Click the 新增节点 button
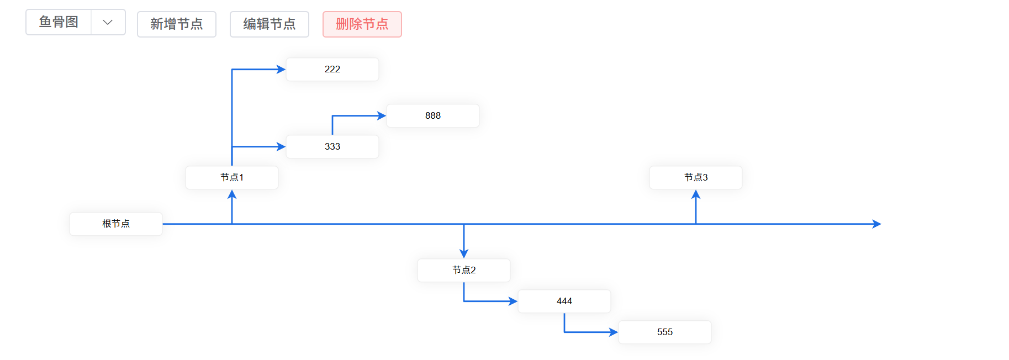pos(176,24)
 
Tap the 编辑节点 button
pos(269,24)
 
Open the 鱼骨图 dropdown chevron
pos(108,22)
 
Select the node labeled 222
pos(332,70)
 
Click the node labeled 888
pos(432,116)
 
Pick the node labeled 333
pos(332,147)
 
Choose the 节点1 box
pos(231,178)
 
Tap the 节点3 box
pos(695,178)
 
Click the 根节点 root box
pos(115,224)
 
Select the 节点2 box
pos(463,271)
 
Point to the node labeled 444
pos(564,301)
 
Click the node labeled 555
pos(664,332)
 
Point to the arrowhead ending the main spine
pos(876,224)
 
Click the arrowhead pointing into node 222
pos(281,70)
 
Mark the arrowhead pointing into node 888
pos(382,116)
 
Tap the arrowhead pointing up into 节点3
pos(696,194)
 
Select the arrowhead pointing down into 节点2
pos(464,253)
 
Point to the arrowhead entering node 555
pos(614,332)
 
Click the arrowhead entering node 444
pos(513,301)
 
